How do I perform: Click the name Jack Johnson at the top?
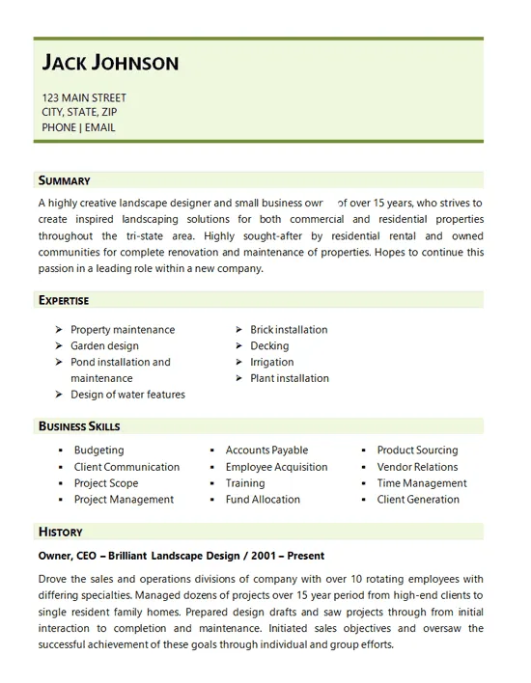click(110, 64)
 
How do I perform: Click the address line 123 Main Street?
click(84, 97)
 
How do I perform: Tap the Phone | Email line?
click(78, 126)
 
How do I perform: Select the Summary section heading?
click(64, 180)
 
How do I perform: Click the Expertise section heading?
click(64, 300)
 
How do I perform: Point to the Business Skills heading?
click(79, 425)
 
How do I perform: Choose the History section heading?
click(60, 532)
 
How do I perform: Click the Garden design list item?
click(104, 345)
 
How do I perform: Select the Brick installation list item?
click(289, 329)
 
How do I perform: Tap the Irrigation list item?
click(271, 362)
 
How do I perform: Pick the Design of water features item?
click(127, 395)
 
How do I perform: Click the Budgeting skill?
click(98, 450)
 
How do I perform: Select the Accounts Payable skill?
click(266, 450)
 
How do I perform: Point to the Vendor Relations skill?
click(417, 467)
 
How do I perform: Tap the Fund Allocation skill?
click(263, 500)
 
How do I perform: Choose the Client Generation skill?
click(418, 500)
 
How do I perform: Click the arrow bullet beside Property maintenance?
click(60, 329)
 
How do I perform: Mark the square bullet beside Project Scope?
click(61, 483)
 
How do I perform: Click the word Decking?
click(269, 345)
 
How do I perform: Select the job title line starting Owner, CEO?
click(182, 556)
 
